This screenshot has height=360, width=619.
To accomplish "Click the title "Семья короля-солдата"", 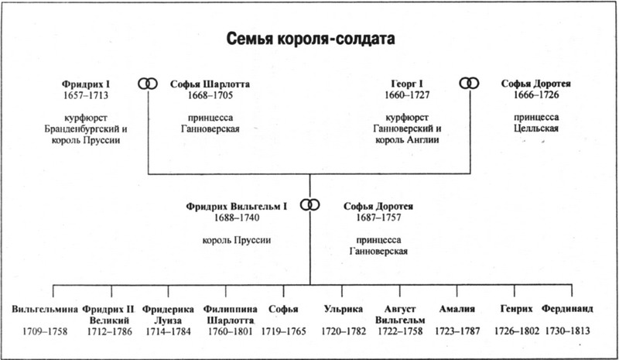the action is (x=310, y=39).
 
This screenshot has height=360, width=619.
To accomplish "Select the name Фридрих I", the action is (x=86, y=84).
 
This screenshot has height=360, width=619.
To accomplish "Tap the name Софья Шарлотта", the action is (x=210, y=84).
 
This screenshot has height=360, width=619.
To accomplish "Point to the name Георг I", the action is (x=407, y=84).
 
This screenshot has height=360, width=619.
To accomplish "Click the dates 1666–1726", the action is (x=536, y=95).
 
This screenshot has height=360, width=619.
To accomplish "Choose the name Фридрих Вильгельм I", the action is (x=237, y=206).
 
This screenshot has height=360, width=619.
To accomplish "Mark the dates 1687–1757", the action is (x=378, y=218).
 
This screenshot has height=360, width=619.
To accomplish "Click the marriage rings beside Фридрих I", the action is (x=148, y=84).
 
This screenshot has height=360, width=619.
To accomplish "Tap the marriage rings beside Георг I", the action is (x=469, y=84).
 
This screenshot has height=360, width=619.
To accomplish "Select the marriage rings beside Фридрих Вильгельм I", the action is (x=310, y=204).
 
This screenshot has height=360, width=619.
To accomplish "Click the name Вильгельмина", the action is (x=45, y=309).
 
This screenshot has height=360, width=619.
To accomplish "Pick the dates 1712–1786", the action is (x=110, y=331).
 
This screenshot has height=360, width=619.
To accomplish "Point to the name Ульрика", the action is (x=343, y=309).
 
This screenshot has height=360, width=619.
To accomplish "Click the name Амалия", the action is (x=457, y=309).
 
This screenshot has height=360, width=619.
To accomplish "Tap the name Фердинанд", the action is (x=567, y=309).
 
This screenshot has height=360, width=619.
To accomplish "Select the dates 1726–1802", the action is (x=517, y=331).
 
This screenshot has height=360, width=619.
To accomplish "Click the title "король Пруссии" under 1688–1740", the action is (x=237, y=240).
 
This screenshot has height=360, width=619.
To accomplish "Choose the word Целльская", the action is (x=536, y=128).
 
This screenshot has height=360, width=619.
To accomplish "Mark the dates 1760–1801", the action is (x=230, y=331).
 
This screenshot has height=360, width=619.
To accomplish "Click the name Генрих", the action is (x=516, y=309).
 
